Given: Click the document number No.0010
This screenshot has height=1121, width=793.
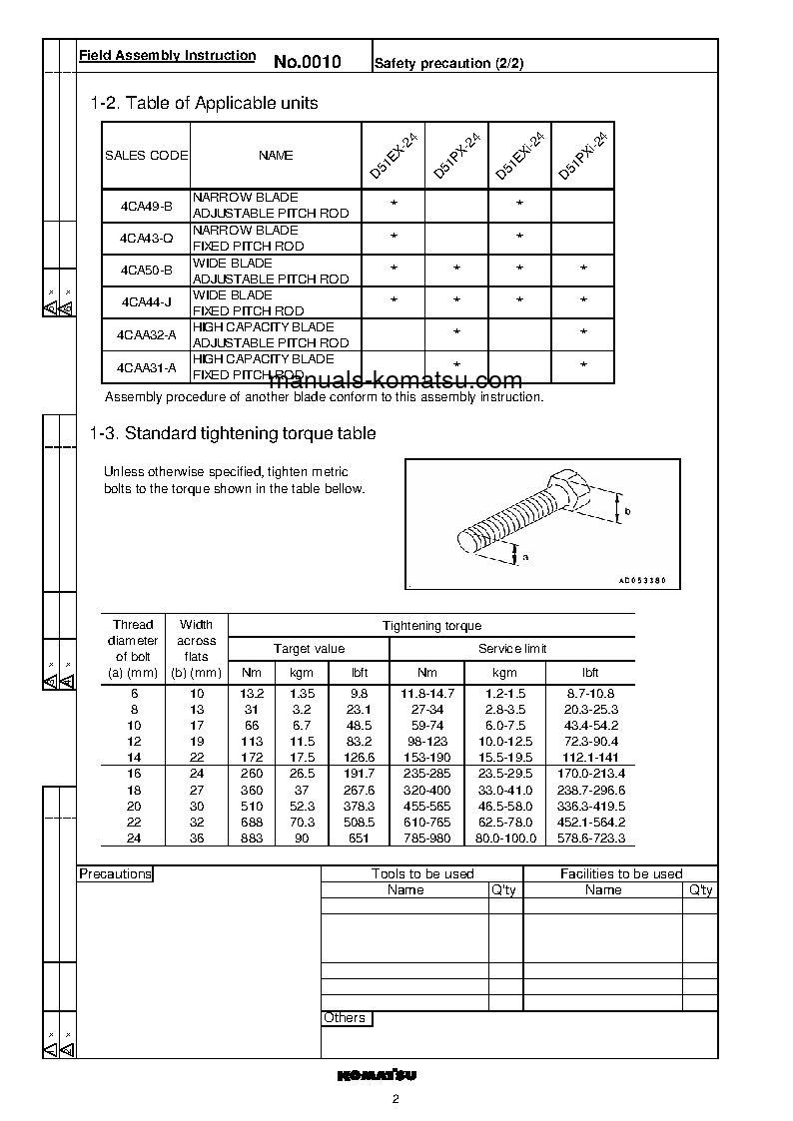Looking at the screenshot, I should pos(308,62).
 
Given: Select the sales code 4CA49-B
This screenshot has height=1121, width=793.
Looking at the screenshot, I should pos(146,206).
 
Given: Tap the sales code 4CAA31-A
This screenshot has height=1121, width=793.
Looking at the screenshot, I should pos(146,367).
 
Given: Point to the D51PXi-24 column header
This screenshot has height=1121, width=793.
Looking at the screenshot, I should pos(582,156).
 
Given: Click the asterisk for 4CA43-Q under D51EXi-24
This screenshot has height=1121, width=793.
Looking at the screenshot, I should pos(520,237).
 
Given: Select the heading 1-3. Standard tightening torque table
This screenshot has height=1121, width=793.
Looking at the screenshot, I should pos(233,433).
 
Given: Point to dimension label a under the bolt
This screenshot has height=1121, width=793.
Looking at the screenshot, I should pos(523,556).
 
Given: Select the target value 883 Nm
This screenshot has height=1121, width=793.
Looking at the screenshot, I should pos(252,839).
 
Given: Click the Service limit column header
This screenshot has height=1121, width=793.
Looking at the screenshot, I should pos(512,649).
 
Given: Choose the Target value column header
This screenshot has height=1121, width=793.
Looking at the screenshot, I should pos(309,649).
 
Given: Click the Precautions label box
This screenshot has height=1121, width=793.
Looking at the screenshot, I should pos(115,874).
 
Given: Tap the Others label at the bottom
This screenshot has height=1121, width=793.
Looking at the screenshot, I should pos(345,1018).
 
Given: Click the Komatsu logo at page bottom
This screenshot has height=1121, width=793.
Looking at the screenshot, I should pos(377,1075).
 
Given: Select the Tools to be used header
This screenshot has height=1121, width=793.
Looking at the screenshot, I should pos(422,874).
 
